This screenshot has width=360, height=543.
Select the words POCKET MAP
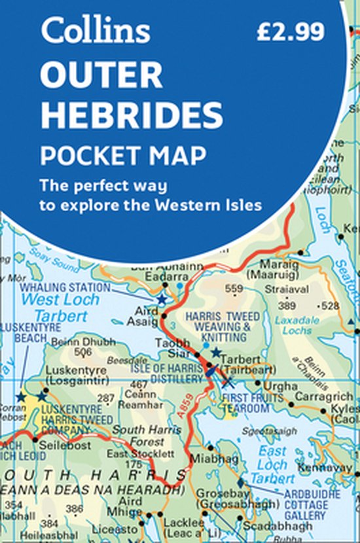pyautogui.click(x=123, y=156)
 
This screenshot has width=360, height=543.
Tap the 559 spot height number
pyautogui.click(x=234, y=288)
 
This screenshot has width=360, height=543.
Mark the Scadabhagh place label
pyautogui.click(x=268, y=525)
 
